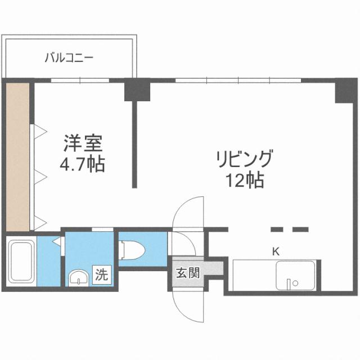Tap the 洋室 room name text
pos(82,143)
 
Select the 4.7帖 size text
pos(82,166)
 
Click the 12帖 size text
pos(244,181)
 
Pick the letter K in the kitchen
pos(276,251)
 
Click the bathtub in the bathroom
pos(21,263)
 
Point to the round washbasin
pos(78,278)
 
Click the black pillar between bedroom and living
pos(137,90)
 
